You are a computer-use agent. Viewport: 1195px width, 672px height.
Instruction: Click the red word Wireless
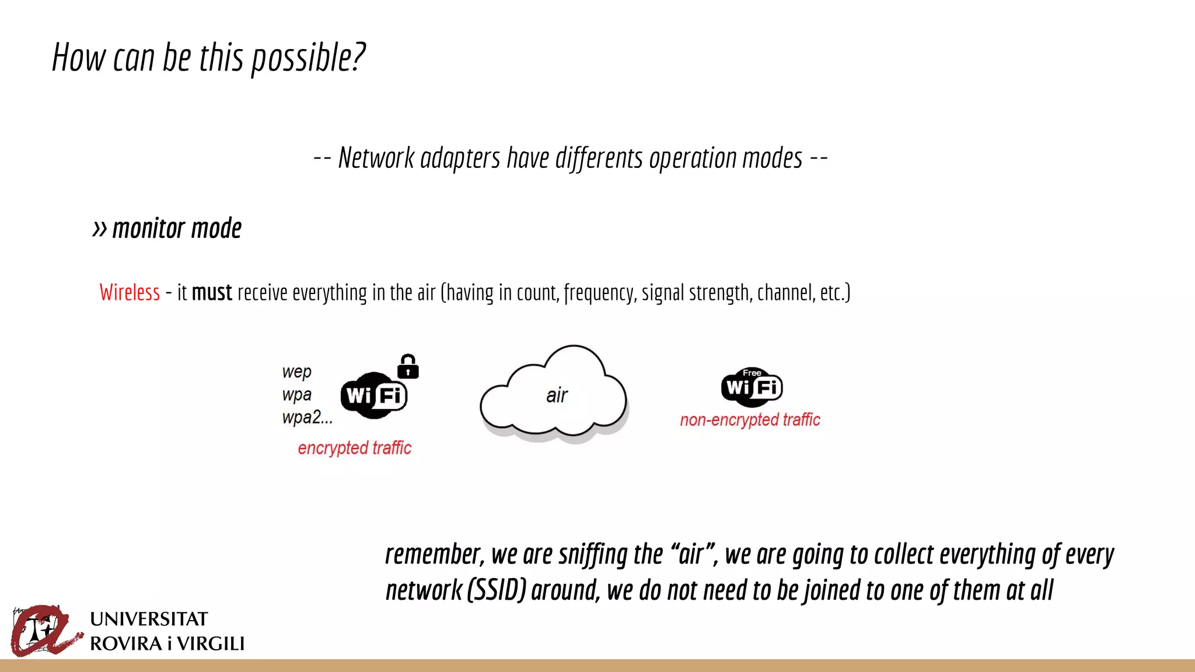(130, 292)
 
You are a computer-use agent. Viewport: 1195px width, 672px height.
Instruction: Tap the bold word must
(212, 292)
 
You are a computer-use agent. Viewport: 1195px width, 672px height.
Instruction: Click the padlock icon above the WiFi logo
(408, 366)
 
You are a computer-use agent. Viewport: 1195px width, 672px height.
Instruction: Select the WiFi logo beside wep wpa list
(373, 395)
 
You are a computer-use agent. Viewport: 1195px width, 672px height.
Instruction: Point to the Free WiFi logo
(752, 386)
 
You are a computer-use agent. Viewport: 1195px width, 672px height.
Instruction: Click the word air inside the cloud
(557, 395)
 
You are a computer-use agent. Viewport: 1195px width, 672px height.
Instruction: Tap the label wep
(296, 372)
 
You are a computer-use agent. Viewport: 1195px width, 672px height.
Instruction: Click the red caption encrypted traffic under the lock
(354, 448)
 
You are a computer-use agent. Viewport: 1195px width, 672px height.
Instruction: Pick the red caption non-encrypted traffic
(750, 420)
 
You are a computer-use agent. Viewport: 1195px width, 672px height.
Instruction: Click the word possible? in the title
(308, 58)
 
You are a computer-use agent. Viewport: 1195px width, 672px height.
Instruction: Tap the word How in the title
(78, 58)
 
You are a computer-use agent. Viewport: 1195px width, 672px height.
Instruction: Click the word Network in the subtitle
(376, 158)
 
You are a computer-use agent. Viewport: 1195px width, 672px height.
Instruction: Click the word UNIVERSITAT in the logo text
(149, 619)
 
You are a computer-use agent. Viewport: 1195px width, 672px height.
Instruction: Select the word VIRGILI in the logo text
(211, 644)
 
